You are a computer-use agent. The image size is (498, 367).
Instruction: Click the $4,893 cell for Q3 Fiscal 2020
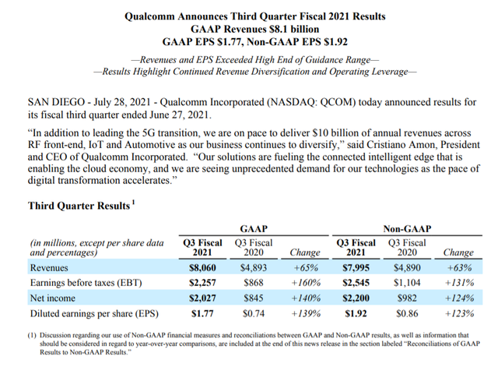click(250, 266)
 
